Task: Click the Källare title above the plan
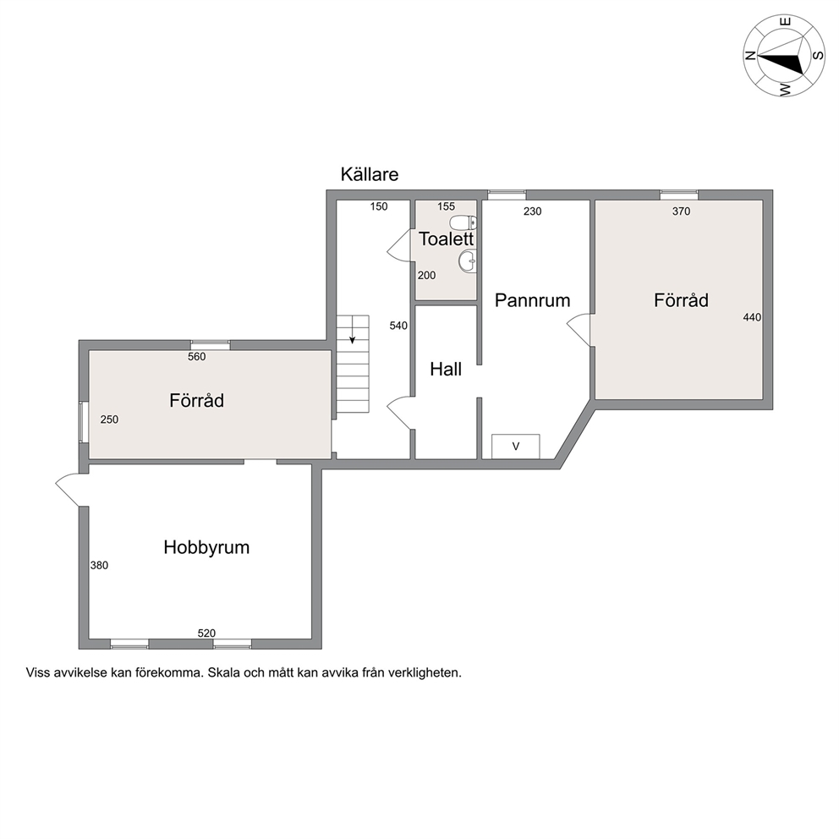click(370, 174)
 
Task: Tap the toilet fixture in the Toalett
click(463, 222)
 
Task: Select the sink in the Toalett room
click(467, 261)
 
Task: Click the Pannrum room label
click(532, 300)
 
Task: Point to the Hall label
click(446, 370)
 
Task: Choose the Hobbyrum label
click(206, 547)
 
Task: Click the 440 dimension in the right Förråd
click(752, 317)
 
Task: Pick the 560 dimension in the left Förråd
click(196, 356)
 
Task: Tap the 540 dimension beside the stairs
click(398, 326)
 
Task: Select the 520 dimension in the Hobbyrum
click(206, 633)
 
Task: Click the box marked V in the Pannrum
click(516, 447)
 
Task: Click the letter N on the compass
click(751, 55)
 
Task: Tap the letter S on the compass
click(818, 55)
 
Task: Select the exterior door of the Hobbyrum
click(68, 490)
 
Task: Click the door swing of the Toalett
click(398, 245)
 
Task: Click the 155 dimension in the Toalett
click(446, 206)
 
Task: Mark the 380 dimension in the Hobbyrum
click(99, 565)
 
